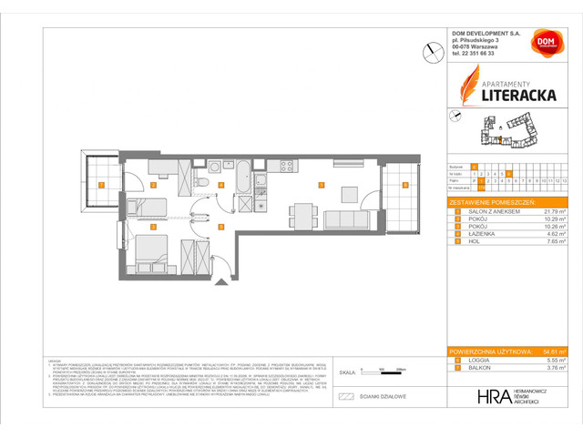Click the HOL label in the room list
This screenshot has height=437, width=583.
tap(468, 243)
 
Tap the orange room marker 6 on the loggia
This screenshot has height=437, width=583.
tap(405, 185)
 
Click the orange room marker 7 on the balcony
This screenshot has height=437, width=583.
tap(102, 185)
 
